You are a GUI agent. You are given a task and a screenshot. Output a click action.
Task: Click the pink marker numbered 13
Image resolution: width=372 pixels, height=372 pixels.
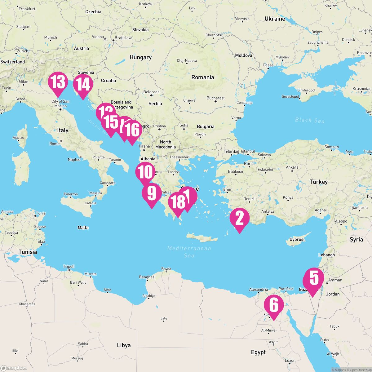[x=58, y=82]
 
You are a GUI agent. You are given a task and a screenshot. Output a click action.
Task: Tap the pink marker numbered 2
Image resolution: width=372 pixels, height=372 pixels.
[x=239, y=219]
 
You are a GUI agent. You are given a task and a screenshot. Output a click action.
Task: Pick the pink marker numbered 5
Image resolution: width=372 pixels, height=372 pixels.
[x=314, y=278]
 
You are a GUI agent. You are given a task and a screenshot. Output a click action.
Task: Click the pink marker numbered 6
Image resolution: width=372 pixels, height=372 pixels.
[x=274, y=305]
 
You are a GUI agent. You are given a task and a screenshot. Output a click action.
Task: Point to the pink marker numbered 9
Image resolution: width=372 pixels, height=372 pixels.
[x=152, y=193]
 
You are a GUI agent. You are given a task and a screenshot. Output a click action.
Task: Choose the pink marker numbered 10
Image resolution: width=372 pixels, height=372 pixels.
[x=145, y=172]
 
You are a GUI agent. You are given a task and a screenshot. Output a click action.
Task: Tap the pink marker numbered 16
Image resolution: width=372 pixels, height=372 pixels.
[x=132, y=131]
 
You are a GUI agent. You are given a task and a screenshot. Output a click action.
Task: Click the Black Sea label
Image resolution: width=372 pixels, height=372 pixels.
[x=309, y=120]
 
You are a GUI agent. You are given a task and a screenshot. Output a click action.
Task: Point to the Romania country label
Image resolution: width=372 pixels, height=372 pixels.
[x=203, y=77]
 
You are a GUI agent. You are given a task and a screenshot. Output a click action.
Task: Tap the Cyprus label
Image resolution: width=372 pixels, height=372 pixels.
[x=296, y=239]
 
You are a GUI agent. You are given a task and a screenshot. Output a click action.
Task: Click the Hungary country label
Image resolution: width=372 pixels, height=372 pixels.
[x=140, y=57]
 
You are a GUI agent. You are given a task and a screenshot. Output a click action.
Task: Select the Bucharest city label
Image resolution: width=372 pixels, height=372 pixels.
[x=215, y=98]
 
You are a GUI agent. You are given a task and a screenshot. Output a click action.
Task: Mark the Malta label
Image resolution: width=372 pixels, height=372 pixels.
[x=83, y=228]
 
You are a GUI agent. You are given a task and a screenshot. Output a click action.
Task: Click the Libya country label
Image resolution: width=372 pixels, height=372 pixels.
[x=124, y=345]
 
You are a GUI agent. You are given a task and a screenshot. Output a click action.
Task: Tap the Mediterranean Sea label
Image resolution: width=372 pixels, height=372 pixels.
[x=189, y=252]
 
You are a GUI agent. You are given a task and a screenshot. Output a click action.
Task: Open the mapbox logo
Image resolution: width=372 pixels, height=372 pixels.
[x=14, y=368]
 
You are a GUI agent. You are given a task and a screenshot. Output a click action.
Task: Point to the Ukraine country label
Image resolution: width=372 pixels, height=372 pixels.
[x=275, y=19]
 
